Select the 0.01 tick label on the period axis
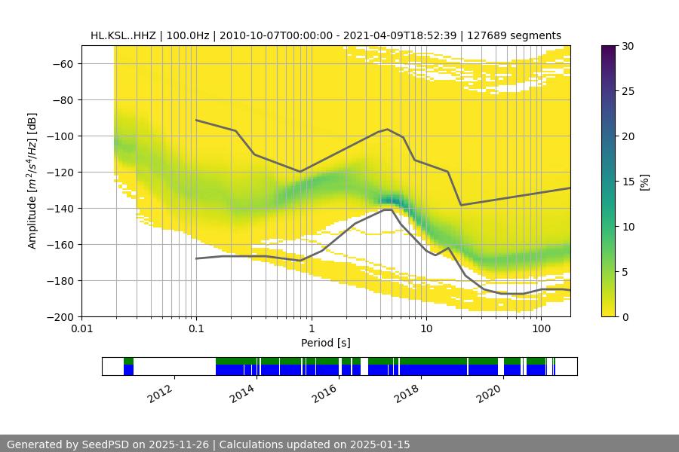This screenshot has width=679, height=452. (81, 328)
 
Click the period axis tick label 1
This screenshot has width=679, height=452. (311, 328)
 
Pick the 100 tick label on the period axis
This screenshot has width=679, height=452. (541, 328)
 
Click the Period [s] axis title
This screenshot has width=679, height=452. (326, 343)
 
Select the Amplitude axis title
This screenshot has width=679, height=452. (32, 181)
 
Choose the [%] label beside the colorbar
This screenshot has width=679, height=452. (644, 181)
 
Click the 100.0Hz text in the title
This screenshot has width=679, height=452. (188, 35)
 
